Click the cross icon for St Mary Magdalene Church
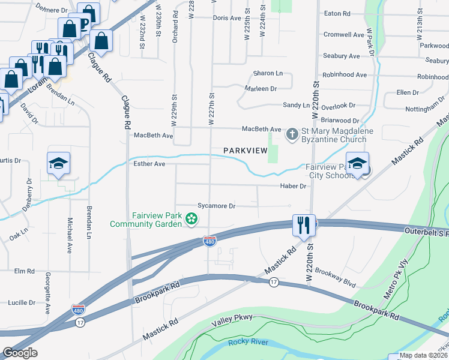(x=292, y=133)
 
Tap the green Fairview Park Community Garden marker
(x=191, y=220)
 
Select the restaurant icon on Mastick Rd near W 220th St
(x=302, y=226)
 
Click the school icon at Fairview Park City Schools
(x=358, y=164)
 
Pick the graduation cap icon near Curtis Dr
(x=59, y=163)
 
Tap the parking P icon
(x=83, y=23)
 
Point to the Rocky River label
(x=248, y=343)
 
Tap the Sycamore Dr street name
(x=216, y=206)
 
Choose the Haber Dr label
(x=294, y=186)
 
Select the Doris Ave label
(x=227, y=18)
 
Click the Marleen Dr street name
(x=260, y=88)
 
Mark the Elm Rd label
(x=25, y=271)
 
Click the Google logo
(x=20, y=353)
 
